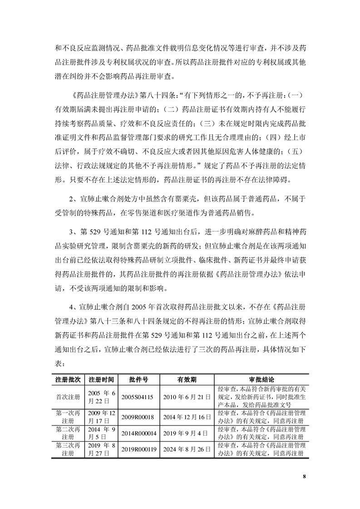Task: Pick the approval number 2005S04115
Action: (x=138, y=396)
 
